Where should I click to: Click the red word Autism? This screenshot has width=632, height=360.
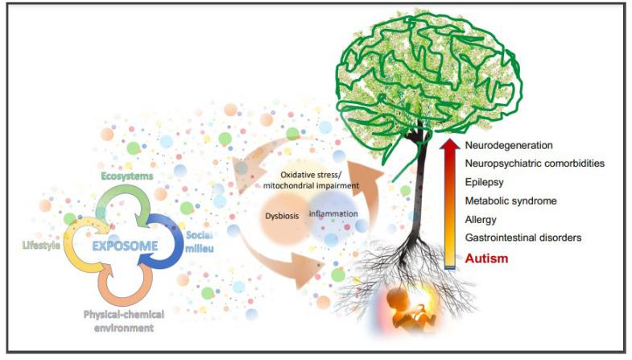point(486,259)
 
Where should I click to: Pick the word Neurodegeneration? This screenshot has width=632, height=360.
point(508,146)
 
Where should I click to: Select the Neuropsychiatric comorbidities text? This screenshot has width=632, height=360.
point(535,163)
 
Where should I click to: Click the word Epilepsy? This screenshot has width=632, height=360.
point(485,182)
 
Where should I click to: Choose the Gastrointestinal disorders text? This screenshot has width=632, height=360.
point(523,238)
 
